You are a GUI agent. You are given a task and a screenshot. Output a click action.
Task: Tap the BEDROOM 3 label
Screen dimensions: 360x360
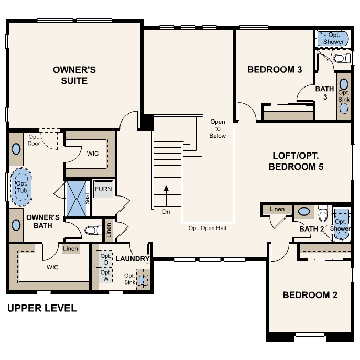pyautogui.click(x=275, y=69)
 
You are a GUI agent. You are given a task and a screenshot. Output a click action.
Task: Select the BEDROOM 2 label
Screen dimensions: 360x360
pyautogui.click(x=310, y=295)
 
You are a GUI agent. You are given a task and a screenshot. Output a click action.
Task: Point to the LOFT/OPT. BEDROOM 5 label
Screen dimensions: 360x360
pyautogui.click(x=296, y=161)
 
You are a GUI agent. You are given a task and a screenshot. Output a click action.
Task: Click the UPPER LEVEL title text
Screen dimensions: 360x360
pyautogui.click(x=42, y=308)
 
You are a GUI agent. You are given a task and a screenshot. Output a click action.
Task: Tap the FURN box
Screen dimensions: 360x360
pyautogui.click(x=103, y=189)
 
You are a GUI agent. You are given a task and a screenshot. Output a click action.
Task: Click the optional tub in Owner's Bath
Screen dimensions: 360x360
pyautogui.click(x=21, y=185)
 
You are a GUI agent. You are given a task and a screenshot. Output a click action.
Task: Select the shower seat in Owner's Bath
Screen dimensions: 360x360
pyautogui.click(x=88, y=198)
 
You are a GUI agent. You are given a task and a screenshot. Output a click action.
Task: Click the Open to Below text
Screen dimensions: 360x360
pyautogui.click(x=217, y=129)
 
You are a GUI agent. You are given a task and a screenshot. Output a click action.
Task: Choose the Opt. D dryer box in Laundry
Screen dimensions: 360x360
pyautogui.click(x=105, y=259)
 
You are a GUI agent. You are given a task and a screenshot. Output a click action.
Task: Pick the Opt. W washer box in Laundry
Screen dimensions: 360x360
pyautogui.click(x=105, y=275)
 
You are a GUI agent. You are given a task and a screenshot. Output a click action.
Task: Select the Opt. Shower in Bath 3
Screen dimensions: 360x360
pyautogui.click(x=333, y=38)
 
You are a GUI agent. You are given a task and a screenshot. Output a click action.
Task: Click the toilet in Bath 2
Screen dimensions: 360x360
pyautogui.click(x=323, y=213)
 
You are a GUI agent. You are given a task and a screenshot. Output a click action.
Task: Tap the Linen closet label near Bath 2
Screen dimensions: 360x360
pyautogui.click(x=277, y=209)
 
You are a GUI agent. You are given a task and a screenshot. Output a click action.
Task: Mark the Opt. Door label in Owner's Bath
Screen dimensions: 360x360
pyautogui.click(x=35, y=140)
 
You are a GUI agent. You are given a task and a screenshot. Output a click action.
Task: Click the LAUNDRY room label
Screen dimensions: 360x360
pyautogui.click(x=133, y=259)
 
